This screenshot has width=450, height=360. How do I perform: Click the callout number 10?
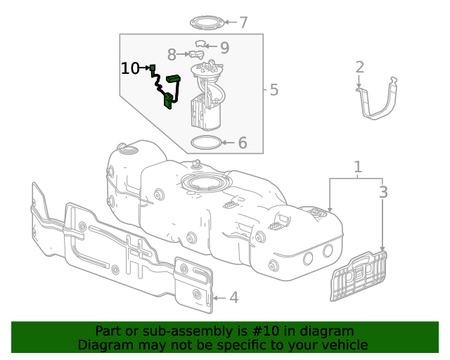click(130, 68)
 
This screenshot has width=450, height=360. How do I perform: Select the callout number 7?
click(243, 22)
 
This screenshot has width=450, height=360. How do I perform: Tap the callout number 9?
click(224, 47)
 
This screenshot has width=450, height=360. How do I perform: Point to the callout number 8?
click(172, 54)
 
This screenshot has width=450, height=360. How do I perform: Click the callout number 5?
click(274, 90)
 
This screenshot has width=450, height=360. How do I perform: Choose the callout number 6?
click(242, 143)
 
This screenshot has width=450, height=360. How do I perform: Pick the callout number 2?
click(359, 67)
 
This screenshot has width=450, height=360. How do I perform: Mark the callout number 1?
click(358, 167)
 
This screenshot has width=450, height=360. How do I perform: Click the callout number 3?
click(383, 192)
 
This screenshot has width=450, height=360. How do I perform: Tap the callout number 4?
click(233, 297)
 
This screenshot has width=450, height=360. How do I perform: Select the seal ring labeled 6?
click(205, 143)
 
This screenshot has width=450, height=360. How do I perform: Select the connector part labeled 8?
click(196, 55)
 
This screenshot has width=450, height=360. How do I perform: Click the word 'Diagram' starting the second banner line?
click(105, 345)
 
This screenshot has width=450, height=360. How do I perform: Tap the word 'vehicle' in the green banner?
click(342, 345)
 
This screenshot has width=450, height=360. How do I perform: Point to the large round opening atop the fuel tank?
click(205, 184)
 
